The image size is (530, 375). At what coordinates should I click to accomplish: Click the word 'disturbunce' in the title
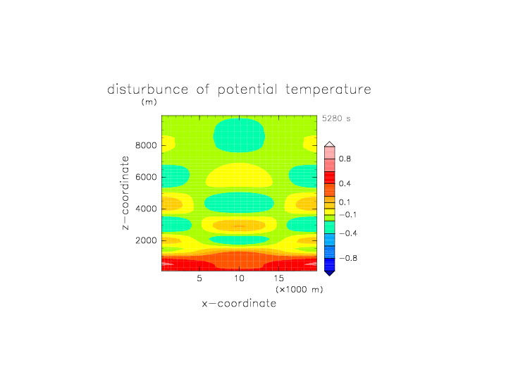[148, 90]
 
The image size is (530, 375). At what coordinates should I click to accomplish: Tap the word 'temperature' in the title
[328, 90]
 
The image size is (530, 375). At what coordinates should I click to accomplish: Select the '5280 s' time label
[336, 118]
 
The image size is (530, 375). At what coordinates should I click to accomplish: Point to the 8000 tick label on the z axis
[146, 145]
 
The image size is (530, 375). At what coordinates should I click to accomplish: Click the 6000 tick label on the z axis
[146, 177]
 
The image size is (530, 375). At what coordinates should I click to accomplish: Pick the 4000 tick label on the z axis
[146, 209]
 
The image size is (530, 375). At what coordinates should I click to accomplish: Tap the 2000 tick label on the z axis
[146, 240]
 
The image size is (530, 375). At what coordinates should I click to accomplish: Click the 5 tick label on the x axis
[199, 278]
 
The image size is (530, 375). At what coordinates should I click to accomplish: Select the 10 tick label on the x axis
[240, 278]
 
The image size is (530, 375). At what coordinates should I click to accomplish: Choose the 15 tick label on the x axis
[279, 278]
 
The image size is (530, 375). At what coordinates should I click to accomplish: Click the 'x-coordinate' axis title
[240, 303]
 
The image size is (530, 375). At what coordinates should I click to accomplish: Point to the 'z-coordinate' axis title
[125, 193]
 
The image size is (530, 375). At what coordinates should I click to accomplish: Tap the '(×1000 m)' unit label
[300, 290]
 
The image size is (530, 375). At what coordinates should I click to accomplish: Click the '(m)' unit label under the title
[149, 102]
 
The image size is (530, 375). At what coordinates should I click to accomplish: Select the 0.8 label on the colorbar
[345, 159]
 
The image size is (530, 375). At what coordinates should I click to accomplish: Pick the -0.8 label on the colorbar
[348, 258]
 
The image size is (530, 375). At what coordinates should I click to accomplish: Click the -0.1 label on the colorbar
[348, 215]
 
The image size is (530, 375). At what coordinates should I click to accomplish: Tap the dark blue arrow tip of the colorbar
[330, 273]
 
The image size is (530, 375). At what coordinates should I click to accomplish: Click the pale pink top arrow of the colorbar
[330, 144]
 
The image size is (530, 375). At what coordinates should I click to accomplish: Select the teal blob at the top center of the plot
[239, 135]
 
